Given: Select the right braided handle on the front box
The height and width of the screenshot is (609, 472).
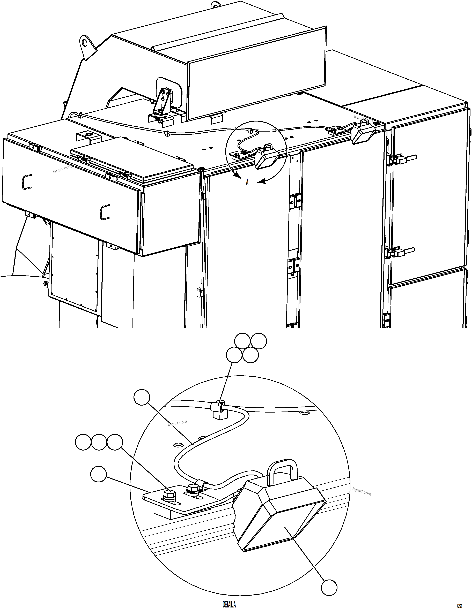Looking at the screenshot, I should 105,212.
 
